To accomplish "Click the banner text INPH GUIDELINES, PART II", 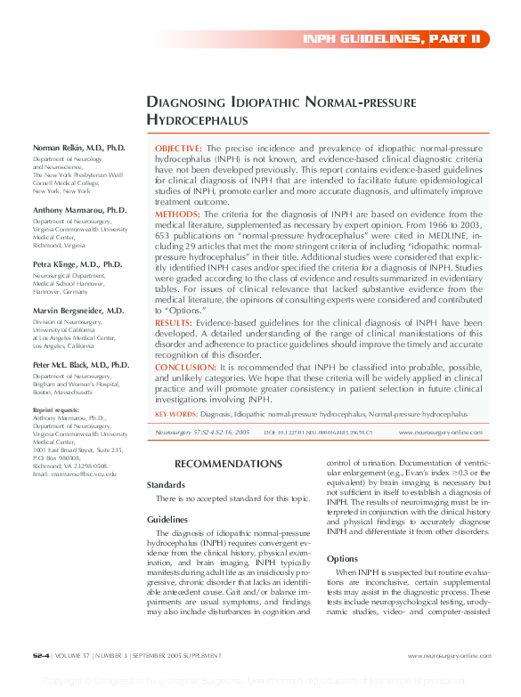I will pyautogui.click(x=392, y=39).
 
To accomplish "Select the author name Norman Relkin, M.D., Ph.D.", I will pyautogui.click(x=79, y=147).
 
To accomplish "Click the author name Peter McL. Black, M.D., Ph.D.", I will pyautogui.click(x=81, y=365).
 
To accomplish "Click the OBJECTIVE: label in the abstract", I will pyautogui.click(x=179, y=147).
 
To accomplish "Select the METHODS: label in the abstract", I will pyautogui.click(x=176, y=215).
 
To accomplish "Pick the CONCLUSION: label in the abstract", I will pyautogui.click(x=183, y=367).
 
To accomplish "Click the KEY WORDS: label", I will pyautogui.click(x=175, y=414).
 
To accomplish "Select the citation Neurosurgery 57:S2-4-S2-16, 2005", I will pyautogui.click(x=201, y=432).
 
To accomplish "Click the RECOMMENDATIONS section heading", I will pyautogui.click(x=228, y=464).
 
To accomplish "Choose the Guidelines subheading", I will pyautogui.click(x=167, y=519).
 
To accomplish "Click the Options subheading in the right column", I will pyautogui.click(x=343, y=558).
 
